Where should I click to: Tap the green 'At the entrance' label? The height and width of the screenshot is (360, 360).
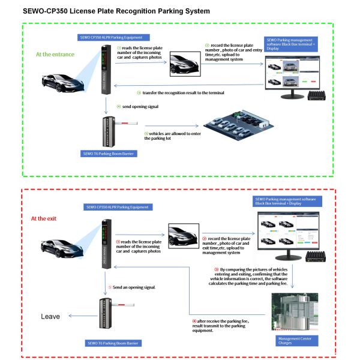(x=55, y=55)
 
